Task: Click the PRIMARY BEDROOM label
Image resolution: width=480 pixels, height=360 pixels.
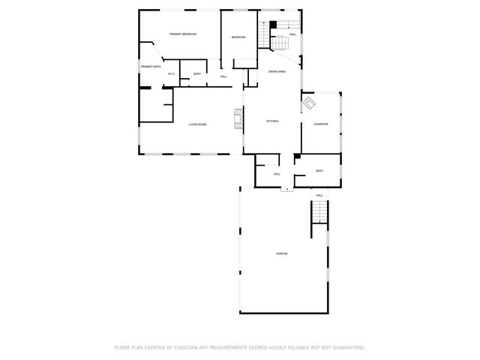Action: tap(182, 34)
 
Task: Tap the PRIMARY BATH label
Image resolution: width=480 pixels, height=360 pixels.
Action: tap(151, 67)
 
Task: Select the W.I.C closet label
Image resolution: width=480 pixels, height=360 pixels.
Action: tap(171, 73)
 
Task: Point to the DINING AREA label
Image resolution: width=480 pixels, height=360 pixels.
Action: tap(277, 71)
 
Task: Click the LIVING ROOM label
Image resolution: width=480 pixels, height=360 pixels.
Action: tap(197, 124)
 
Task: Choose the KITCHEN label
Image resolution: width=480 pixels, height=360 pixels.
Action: tap(273, 121)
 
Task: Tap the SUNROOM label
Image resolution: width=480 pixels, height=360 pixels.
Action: tap(321, 124)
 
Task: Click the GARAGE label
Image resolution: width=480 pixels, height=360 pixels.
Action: tap(281, 253)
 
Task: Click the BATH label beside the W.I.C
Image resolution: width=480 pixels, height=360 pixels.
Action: tap(196, 73)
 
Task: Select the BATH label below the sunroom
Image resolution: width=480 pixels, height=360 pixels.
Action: tap(319, 171)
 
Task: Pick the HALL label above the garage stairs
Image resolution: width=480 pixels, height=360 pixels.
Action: tap(319, 195)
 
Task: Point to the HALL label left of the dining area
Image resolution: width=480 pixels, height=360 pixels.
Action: tap(223, 76)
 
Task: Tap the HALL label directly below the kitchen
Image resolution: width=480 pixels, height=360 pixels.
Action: tap(277, 174)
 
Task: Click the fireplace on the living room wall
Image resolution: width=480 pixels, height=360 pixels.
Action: tap(238, 118)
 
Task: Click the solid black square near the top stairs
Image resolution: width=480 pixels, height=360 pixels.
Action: tap(273, 25)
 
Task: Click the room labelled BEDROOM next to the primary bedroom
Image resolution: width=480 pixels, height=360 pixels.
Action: tap(238, 37)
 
